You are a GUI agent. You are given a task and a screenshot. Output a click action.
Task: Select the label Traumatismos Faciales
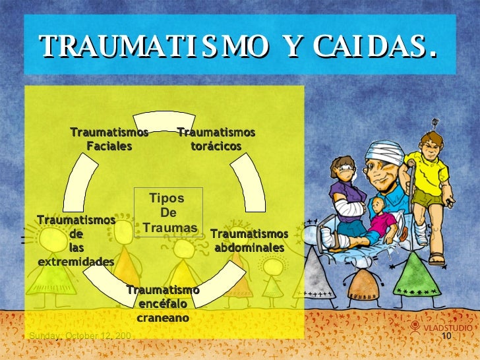pyautogui.click(x=109, y=139)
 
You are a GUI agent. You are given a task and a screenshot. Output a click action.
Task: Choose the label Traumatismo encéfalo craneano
pyautogui.click(x=163, y=304)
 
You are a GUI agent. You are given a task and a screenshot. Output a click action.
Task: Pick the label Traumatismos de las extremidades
pyautogui.click(x=76, y=241)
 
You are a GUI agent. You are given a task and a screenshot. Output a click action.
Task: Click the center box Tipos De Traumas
pyautogui.click(x=169, y=213)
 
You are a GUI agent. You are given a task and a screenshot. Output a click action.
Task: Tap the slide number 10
pyautogui.click(x=446, y=338)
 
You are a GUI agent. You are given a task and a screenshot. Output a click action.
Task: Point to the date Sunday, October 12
pyautogui.click(x=80, y=337)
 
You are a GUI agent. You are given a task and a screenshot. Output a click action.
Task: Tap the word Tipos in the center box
pyautogui.click(x=167, y=198)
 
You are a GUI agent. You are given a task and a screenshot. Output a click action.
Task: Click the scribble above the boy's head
pyautogui.click(x=435, y=122)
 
